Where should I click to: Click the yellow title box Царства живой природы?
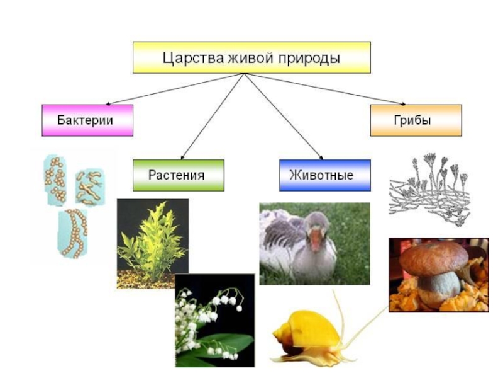tap(251, 58)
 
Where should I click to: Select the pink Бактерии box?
tap(87, 120)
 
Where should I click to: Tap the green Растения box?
tap(178, 175)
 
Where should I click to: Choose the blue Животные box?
tap(324, 175)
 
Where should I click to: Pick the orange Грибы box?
tap(416, 120)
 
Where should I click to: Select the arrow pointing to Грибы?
tap(327, 88)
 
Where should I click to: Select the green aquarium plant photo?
tap(153, 243)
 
